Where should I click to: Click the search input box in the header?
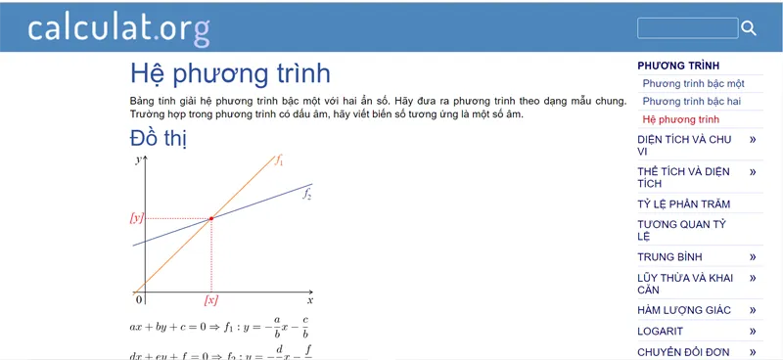pos(687,28)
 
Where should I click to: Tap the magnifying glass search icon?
pos(750,28)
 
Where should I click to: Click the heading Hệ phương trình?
pos(230,74)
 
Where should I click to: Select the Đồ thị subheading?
pos(159,139)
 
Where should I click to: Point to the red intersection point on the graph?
pos(211,217)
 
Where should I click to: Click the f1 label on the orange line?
pos(279,159)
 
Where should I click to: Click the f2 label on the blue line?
pos(306,195)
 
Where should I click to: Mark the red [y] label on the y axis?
pos(137,217)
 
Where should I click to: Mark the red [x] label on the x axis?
pos(210,299)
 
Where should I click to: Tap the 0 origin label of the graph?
pos(139,299)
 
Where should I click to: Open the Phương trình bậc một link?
pos(694,84)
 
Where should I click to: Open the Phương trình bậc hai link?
pos(692,102)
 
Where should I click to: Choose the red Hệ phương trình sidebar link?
pos(681,119)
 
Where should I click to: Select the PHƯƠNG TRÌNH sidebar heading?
pos(678,66)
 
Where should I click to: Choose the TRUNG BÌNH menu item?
pos(669,257)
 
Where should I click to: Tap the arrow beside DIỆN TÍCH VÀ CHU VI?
pos(753,140)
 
